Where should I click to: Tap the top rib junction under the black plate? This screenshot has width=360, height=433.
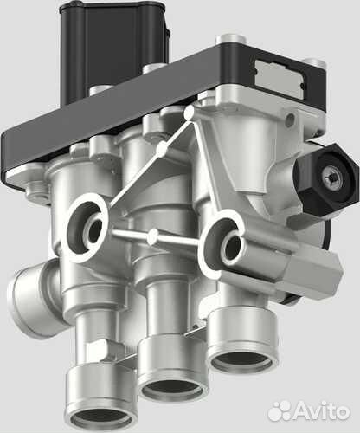(x=190, y=113)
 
